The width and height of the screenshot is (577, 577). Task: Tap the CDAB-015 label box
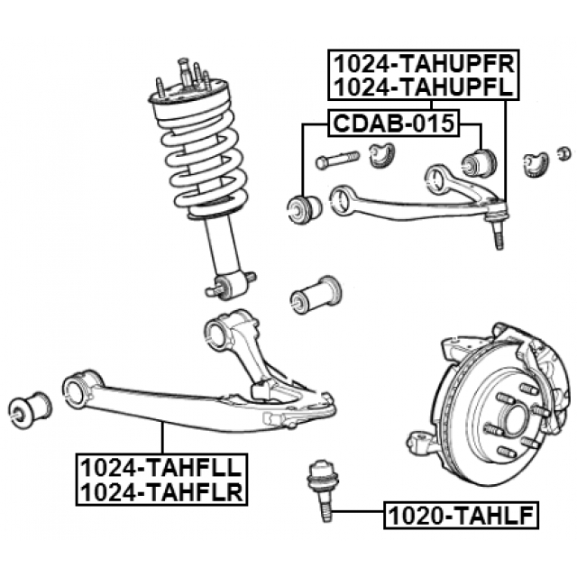click(x=391, y=123)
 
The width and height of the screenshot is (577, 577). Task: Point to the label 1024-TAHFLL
click(x=161, y=467)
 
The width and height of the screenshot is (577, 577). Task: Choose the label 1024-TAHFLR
click(x=161, y=491)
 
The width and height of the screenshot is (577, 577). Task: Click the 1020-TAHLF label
click(x=461, y=516)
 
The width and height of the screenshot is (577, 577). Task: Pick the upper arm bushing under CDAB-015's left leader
click(x=304, y=208)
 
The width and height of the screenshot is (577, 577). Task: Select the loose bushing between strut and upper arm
click(x=315, y=294)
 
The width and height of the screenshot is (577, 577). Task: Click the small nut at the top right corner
click(x=564, y=151)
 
